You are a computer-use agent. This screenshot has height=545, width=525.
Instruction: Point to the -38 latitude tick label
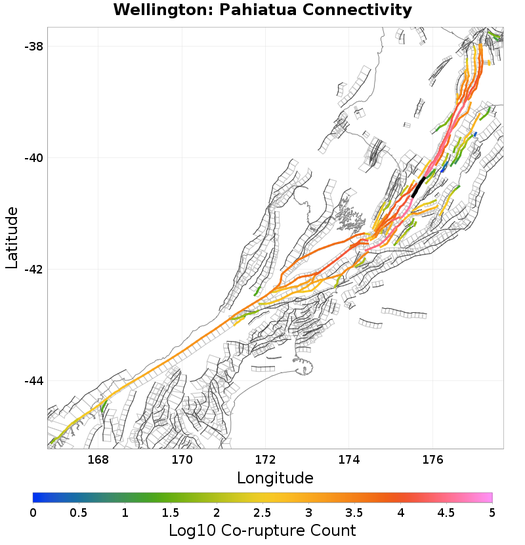pos(33,47)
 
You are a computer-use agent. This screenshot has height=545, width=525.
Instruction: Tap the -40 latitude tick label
pos(33,158)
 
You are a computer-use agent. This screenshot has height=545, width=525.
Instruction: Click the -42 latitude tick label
pos(33,270)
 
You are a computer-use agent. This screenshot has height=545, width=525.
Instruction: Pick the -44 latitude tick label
pos(33,381)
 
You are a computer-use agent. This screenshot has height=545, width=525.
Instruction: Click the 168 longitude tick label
pos(98,459)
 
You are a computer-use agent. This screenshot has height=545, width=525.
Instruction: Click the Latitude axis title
pos(12,237)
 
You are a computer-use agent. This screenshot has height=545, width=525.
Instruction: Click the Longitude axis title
pos(275,477)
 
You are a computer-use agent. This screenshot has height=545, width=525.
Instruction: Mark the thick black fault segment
pos(418,187)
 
